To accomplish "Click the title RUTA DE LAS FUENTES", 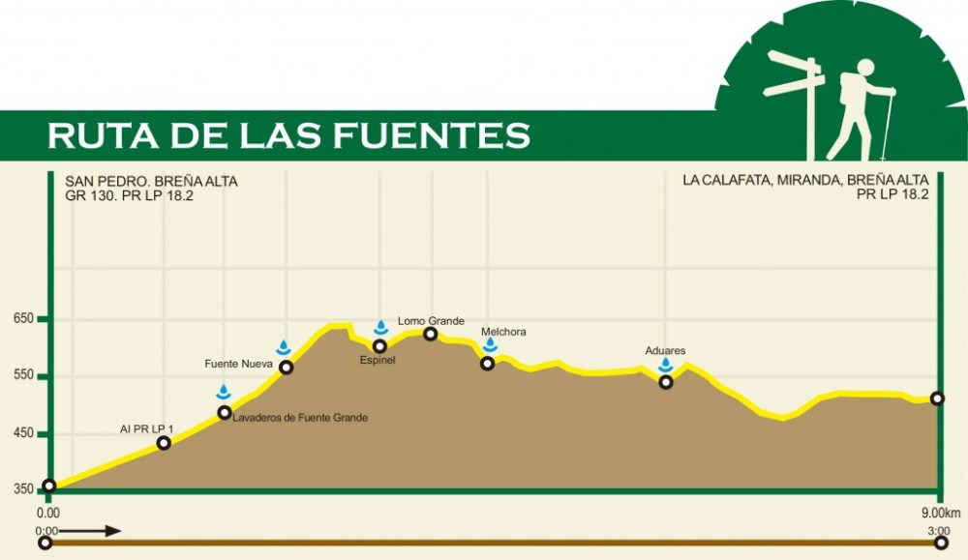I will [288, 135].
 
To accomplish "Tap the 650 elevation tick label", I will [23, 319].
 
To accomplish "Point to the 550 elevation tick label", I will [23, 376].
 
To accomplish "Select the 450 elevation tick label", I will [23, 434].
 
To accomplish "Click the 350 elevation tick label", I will [23, 489].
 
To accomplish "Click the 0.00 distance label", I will [48, 512].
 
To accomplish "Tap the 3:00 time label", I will [936, 530].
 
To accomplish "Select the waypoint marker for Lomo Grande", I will [431, 335].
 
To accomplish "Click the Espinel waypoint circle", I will [380, 346].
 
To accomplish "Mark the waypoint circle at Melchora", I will [488, 364].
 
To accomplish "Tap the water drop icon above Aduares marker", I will [666, 365].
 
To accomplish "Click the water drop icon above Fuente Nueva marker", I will [284, 348].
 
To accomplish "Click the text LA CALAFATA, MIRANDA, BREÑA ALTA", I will [805, 180].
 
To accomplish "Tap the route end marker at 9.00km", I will [937, 398].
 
